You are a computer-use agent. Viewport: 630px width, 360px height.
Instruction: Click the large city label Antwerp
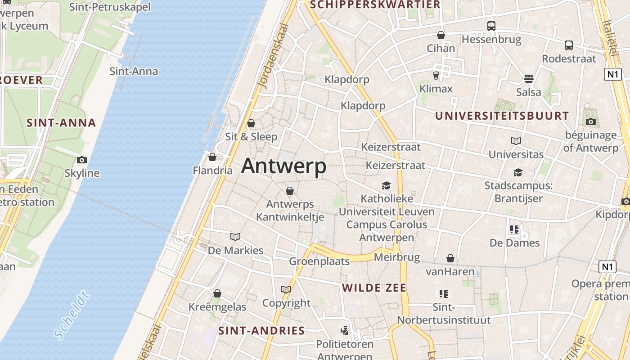click(283, 166)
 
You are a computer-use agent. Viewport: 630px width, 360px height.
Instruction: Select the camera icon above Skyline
click(81, 160)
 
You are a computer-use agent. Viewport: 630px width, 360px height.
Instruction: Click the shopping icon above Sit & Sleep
click(251, 123)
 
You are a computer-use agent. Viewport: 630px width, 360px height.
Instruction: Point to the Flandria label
click(212, 171)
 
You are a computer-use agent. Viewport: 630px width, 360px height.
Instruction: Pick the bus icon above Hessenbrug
click(491, 26)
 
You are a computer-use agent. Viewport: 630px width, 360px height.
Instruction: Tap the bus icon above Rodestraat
click(569, 45)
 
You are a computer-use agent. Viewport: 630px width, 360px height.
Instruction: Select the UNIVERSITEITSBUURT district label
click(502, 116)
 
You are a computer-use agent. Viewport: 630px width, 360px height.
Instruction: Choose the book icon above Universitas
click(516, 141)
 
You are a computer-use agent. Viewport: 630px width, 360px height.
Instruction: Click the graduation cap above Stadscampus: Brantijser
click(518, 172)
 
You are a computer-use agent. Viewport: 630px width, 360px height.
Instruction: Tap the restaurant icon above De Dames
click(514, 229)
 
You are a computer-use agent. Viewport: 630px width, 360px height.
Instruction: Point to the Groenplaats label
click(319, 261)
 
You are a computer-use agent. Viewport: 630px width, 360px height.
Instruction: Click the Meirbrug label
click(397, 258)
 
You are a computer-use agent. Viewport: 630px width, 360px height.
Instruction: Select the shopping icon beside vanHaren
click(450, 258)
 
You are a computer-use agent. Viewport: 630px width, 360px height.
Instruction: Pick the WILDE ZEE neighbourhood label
click(374, 288)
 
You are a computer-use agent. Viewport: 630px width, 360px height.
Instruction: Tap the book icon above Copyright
click(286, 289)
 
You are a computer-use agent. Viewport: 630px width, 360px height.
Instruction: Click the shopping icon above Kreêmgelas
click(217, 294)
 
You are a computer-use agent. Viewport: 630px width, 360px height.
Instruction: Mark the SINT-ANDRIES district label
click(261, 331)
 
